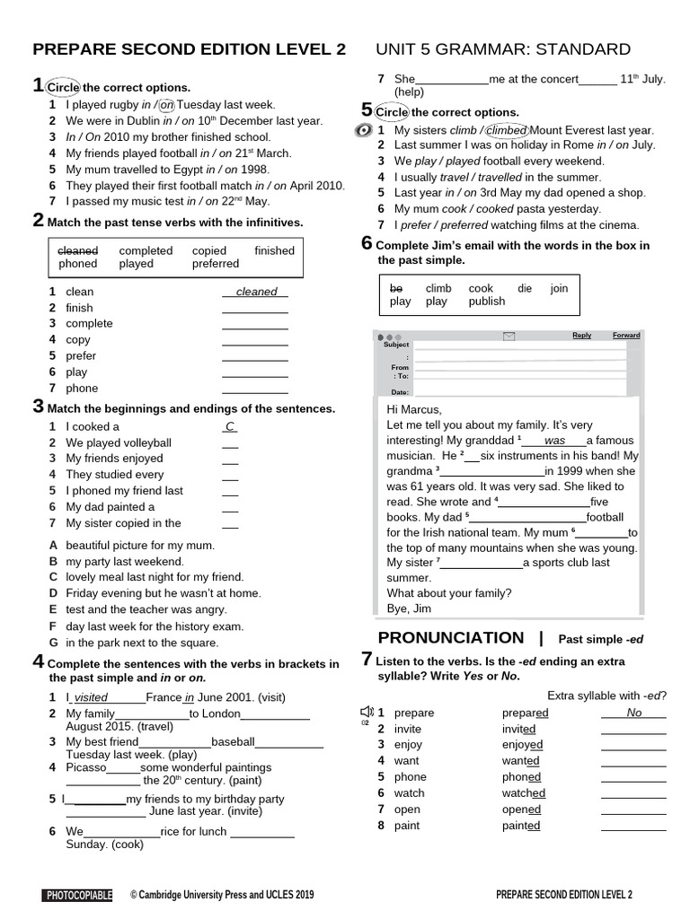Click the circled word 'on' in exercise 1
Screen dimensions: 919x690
[166, 104]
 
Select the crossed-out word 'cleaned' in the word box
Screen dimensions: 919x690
[78, 250]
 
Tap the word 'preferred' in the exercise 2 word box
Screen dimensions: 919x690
[215, 264]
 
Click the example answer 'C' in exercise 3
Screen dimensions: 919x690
[230, 427]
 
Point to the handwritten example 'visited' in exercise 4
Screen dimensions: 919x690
[91, 697]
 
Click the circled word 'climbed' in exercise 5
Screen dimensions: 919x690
[506, 129]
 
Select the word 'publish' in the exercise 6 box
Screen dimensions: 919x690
[487, 302]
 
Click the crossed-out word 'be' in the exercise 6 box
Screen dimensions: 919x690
[396, 288]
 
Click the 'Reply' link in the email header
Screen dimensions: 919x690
[581, 336]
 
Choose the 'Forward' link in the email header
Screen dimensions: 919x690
[626, 336]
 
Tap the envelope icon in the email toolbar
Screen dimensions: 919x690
[509, 336]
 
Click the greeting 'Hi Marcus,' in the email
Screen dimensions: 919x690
[414, 409]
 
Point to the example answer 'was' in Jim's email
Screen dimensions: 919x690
[554, 441]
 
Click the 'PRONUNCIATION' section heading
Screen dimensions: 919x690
[451, 638]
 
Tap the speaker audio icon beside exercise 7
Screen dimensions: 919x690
[365, 713]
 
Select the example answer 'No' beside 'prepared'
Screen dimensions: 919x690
[633, 713]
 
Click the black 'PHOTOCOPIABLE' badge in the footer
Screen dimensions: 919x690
[78, 895]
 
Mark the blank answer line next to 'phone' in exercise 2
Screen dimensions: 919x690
[254, 389]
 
